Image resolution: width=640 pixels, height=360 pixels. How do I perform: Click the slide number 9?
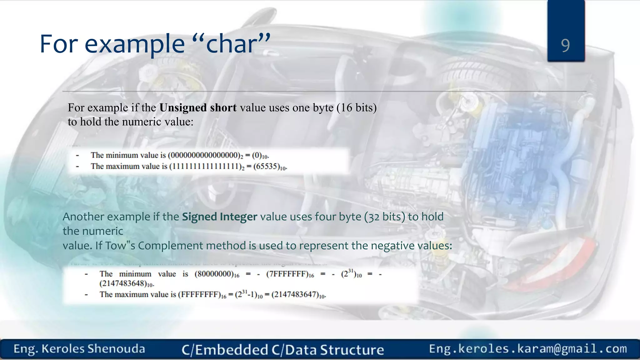tap(565, 46)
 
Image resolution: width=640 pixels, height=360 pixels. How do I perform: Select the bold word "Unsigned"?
tap(183, 108)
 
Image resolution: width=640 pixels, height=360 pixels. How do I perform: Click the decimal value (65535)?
tap(267, 166)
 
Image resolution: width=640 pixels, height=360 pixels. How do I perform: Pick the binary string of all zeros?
tap(204, 155)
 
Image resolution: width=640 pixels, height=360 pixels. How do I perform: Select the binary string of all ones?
tap(205, 166)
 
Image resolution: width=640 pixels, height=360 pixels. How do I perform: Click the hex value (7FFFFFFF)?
tap(287, 274)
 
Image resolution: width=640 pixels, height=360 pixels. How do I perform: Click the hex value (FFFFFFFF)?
tap(199, 295)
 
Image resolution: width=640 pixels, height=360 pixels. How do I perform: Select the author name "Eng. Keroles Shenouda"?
tap(79, 349)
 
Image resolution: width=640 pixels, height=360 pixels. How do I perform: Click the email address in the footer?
tap(528, 349)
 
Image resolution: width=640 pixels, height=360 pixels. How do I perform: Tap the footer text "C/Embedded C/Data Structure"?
tap(282, 350)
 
